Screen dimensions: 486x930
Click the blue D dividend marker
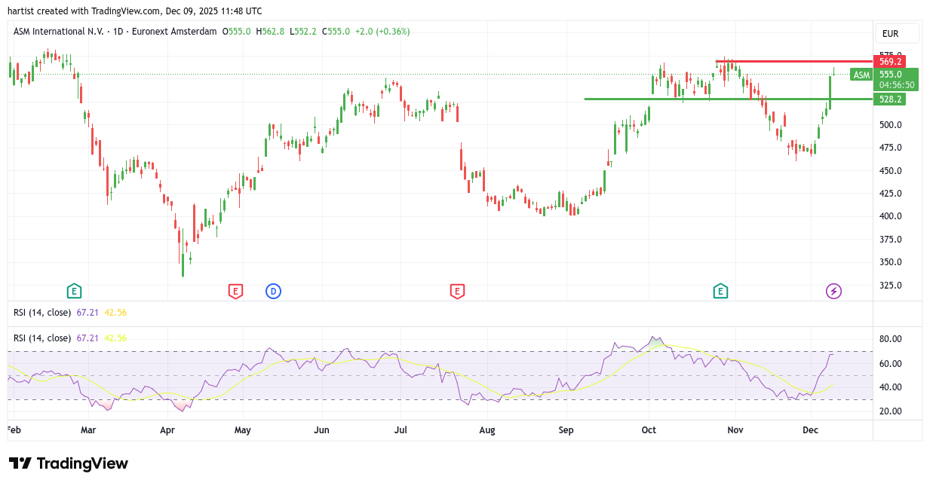[273, 291]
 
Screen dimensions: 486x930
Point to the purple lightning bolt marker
[833, 291]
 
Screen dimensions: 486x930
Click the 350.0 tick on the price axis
[891, 262]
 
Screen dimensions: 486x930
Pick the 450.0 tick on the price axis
[891, 171]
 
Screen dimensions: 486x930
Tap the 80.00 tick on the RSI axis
[891, 340]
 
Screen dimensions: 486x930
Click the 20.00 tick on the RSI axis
[891, 411]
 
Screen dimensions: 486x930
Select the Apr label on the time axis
[167, 430]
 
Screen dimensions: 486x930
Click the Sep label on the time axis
[566, 430]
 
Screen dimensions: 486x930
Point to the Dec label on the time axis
[810, 430]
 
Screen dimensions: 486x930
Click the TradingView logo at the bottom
[69, 463]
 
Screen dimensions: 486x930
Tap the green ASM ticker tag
[861, 75]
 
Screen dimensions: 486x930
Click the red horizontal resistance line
[800, 61]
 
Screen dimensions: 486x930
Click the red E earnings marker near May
[235, 291]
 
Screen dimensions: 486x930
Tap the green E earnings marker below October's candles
[720, 291]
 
